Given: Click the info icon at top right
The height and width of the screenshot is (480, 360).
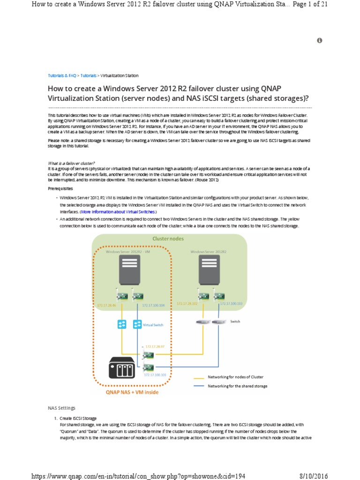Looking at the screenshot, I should tap(320, 41).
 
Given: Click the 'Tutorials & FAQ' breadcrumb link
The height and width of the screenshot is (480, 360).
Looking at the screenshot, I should tap(62, 75).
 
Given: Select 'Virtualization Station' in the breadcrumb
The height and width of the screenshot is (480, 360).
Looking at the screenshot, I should tap(120, 75).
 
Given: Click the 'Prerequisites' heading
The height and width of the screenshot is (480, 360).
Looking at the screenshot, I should tap(60, 188).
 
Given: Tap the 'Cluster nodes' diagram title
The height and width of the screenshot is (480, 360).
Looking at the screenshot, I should tap(168, 239).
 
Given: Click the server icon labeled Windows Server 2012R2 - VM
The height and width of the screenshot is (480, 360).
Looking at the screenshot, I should tap(129, 270).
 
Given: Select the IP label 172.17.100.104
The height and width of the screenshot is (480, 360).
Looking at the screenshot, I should tap(153, 305).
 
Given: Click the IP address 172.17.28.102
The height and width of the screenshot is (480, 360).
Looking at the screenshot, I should tap(187, 304).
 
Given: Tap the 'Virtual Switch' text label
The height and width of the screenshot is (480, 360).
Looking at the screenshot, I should tap(154, 324).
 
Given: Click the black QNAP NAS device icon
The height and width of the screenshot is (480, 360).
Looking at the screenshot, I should tap(122, 367).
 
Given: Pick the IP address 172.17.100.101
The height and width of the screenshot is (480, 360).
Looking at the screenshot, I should tap(155, 375).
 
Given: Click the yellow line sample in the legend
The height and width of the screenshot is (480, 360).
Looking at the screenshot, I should tap(200, 377).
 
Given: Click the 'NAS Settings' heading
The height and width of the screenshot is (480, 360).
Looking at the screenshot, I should tap(61, 408).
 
